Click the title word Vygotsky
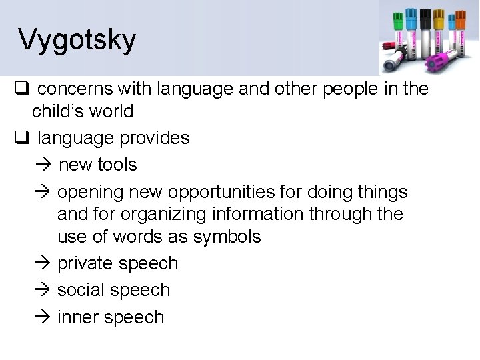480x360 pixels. pos(77,39)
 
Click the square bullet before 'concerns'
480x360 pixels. pos(21,89)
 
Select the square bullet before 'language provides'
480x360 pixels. pos(21,138)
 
